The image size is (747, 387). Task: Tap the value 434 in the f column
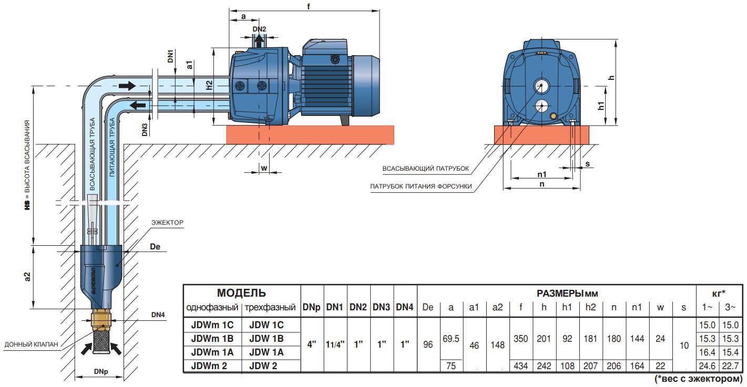520,365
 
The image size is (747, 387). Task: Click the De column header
428,307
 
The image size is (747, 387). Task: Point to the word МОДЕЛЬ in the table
241,293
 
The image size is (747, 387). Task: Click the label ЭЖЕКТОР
169,223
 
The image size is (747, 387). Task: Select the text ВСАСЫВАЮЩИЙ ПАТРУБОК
425,169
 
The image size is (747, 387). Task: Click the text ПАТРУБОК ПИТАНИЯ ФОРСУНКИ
421,186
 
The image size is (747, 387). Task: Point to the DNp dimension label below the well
101,372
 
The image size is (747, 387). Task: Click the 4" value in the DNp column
312,345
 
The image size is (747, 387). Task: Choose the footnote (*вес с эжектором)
699,379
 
